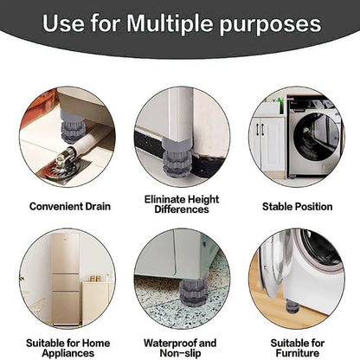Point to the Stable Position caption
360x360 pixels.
click(x=297, y=207)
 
